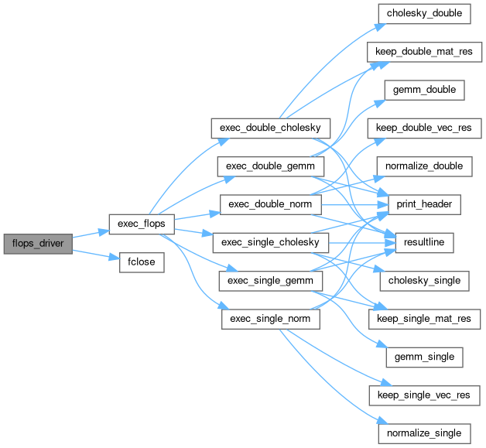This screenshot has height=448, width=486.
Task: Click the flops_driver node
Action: click(38, 243)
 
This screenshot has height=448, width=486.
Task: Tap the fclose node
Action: click(137, 262)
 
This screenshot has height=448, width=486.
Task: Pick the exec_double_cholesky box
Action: click(270, 127)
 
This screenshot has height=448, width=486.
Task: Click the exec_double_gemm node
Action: click(270, 166)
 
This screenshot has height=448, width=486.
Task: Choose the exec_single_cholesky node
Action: click(270, 243)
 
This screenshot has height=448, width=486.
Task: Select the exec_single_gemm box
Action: click(270, 281)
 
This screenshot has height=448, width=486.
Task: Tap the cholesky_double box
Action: click(424, 13)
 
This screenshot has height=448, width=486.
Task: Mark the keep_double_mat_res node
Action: click(424, 52)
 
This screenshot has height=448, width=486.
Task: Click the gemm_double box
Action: click(424, 90)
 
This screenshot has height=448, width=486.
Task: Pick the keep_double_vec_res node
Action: click(424, 128)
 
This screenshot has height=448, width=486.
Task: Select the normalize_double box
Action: click(424, 166)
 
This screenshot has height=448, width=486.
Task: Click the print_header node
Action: click(424, 204)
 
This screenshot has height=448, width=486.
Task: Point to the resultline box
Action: click(424, 243)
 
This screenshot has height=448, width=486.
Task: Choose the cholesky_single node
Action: click(424, 281)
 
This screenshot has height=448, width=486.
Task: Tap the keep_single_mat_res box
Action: click(424, 319)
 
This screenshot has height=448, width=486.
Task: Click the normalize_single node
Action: click(424, 433)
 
